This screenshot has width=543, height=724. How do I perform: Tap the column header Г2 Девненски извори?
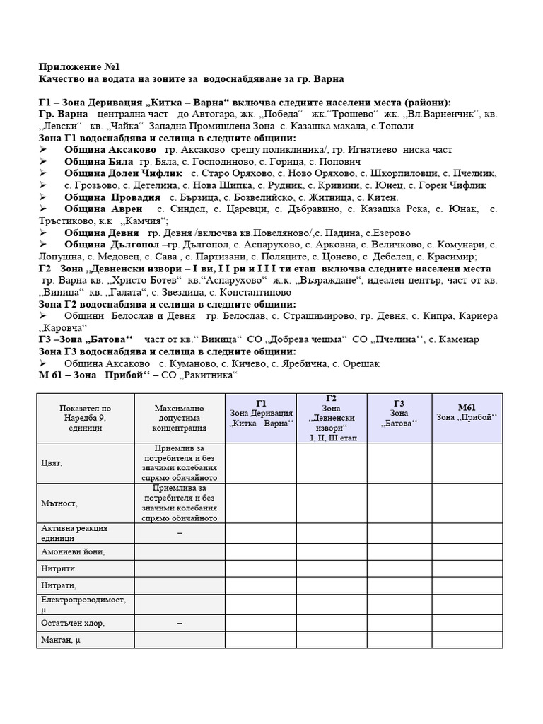pyautogui.click(x=331, y=418)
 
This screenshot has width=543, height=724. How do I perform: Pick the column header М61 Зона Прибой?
pyautogui.click(x=467, y=413)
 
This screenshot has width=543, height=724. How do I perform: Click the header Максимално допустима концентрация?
pyautogui.click(x=179, y=418)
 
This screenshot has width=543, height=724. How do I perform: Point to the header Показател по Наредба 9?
pyautogui.click(x=85, y=418)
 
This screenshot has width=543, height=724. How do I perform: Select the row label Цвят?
pyautogui.click(x=52, y=463)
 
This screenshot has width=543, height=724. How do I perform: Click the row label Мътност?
pyautogui.click(x=59, y=503)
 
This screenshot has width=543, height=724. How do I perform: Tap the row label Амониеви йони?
pyautogui.click(x=74, y=551)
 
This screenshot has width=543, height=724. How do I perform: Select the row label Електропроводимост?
pyautogui.click(x=83, y=600)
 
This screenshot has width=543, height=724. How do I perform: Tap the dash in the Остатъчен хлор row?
pyautogui.click(x=179, y=623)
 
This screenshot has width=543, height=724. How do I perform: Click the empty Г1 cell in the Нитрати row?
pyautogui.click(x=262, y=585)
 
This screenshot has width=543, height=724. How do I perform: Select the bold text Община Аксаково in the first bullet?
pyautogui.click(x=110, y=150)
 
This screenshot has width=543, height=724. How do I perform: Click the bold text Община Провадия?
pyautogui.click(x=112, y=197)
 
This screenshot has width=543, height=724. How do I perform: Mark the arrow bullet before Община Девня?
pyautogui.click(x=44, y=233)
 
